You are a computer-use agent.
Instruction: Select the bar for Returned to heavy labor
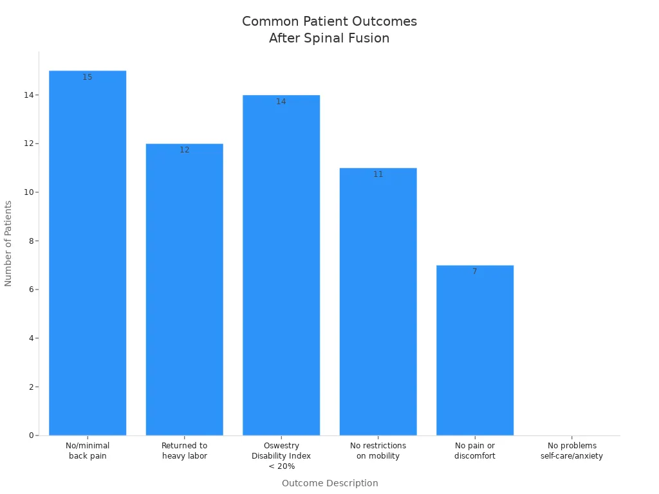click(184, 289)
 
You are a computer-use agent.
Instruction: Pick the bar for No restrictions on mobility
click(378, 302)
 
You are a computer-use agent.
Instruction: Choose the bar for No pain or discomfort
click(475, 350)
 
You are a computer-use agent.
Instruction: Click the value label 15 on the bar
click(88, 77)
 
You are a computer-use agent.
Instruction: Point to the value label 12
click(184, 150)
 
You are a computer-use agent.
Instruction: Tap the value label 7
click(475, 271)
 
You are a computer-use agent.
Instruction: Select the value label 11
click(378, 174)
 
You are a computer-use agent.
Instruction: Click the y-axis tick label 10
click(28, 192)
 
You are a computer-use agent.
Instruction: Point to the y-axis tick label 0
click(30, 435)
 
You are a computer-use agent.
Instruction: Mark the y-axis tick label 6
click(30, 289)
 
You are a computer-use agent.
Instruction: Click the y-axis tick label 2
click(30, 387)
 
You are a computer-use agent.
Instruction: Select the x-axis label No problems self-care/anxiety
click(571, 451)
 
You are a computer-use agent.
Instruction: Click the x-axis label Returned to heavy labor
click(184, 451)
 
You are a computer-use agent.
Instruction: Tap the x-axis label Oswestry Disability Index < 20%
click(281, 456)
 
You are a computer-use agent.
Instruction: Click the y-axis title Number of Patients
click(8, 243)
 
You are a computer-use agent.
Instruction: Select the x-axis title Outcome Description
click(329, 483)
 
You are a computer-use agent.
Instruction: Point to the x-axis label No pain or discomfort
click(475, 451)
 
